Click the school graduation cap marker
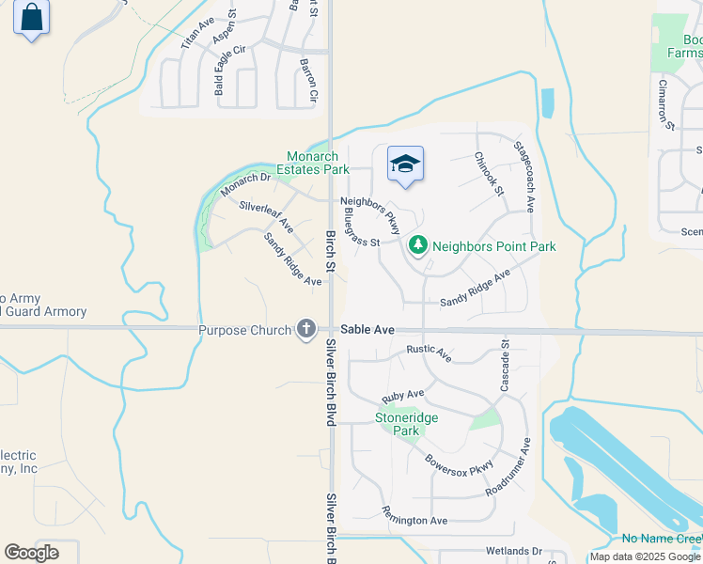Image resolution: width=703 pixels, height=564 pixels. pos(405,164)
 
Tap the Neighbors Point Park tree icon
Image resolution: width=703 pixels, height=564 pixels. pos(418,246)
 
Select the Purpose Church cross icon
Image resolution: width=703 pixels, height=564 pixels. pos(305,330)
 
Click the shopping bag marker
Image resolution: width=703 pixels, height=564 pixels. pos(31,18)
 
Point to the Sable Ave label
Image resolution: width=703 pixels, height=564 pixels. pos(367,330)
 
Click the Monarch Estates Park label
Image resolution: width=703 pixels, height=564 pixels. pos(318,164)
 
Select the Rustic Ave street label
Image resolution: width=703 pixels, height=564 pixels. pos(429,353)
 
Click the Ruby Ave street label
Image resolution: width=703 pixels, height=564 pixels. pos(402,396)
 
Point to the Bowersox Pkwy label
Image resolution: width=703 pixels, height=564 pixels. pos(459,470)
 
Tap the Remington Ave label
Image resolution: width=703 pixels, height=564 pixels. pos(414,515)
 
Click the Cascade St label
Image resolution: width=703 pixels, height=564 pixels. pos(504,367)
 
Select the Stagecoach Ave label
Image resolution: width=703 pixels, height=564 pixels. pos(524,176)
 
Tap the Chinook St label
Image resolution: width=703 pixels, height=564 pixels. pos(489,174)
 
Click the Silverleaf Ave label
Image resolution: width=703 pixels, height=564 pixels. pos(266,217)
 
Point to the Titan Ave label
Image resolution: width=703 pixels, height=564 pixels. pos(197,34)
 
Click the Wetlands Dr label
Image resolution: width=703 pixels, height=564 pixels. pos(514,551)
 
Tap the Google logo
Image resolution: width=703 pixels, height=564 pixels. pos(31,553)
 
